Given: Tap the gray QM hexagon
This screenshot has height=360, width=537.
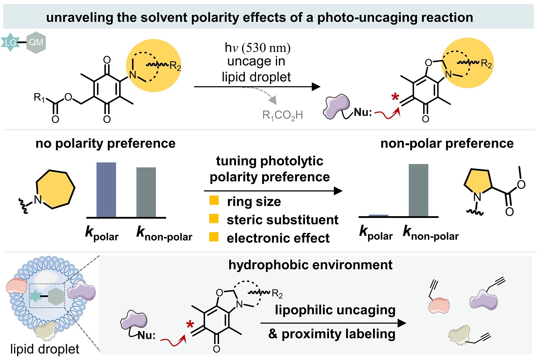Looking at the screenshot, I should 36,43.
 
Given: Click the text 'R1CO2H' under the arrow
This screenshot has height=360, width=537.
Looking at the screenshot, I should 282,115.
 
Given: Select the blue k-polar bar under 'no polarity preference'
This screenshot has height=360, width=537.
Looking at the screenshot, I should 106,190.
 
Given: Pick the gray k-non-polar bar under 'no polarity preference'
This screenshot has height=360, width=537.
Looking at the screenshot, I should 146,192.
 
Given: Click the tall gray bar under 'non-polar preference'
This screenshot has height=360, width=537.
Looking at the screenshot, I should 419,190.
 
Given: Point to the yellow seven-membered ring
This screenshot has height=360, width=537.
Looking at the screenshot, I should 56,189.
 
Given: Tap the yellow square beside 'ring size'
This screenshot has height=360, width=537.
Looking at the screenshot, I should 214,200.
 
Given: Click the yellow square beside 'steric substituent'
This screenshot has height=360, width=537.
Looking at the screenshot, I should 214,218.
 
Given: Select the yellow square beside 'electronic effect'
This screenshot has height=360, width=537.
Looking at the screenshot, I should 214,237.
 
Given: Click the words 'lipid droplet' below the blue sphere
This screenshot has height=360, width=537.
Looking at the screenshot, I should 45,349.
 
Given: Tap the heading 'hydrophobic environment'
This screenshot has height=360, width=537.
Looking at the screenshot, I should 310,265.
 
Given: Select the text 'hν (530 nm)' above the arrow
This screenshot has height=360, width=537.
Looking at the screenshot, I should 257,47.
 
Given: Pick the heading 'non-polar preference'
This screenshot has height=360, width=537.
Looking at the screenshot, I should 447,143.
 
